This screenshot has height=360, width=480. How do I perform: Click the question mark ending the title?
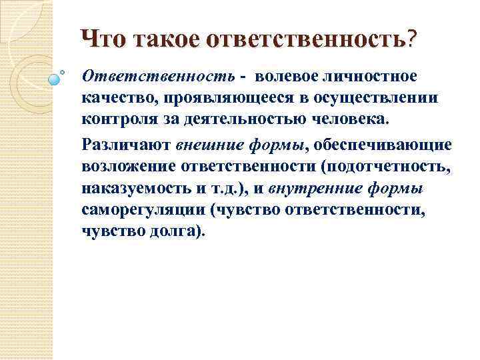pyautogui.click(x=414, y=39)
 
